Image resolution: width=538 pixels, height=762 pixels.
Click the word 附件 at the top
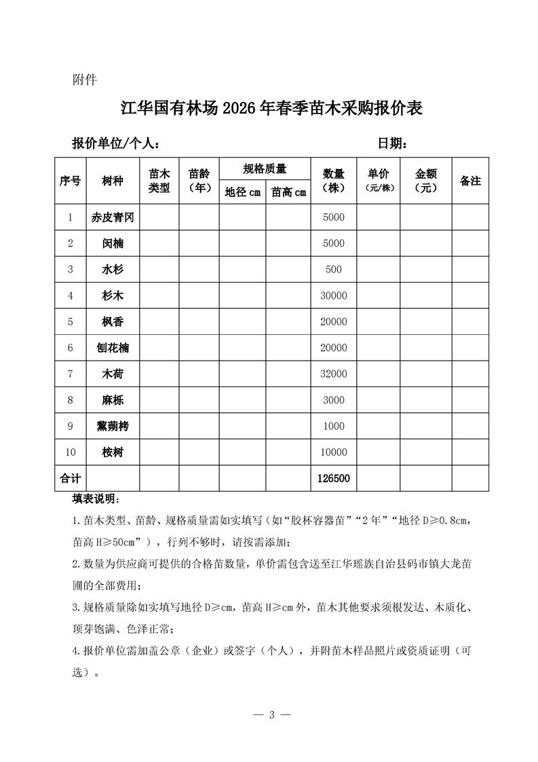click(x=85, y=79)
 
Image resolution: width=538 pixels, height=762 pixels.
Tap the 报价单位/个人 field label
click(x=116, y=144)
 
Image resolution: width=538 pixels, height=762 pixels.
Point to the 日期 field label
click(x=392, y=144)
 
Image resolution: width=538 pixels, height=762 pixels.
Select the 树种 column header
click(x=113, y=181)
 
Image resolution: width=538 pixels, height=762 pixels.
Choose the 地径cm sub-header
click(x=242, y=192)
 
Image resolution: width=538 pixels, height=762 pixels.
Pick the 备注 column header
click(x=470, y=181)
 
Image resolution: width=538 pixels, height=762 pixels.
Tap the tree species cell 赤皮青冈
click(x=113, y=217)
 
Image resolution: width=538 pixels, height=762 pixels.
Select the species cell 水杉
click(x=113, y=270)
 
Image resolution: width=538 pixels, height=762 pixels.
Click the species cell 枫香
click(x=113, y=322)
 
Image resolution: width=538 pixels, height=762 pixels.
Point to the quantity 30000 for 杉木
click(x=334, y=296)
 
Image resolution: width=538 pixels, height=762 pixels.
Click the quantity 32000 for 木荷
click(x=334, y=374)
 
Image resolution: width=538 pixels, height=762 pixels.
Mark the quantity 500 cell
click(x=334, y=270)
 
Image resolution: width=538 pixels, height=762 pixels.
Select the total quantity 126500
click(x=334, y=479)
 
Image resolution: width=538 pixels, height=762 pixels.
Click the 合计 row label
click(x=70, y=479)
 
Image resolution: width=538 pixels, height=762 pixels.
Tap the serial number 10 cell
click(x=70, y=452)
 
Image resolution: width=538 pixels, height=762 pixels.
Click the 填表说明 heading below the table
click(x=95, y=500)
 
